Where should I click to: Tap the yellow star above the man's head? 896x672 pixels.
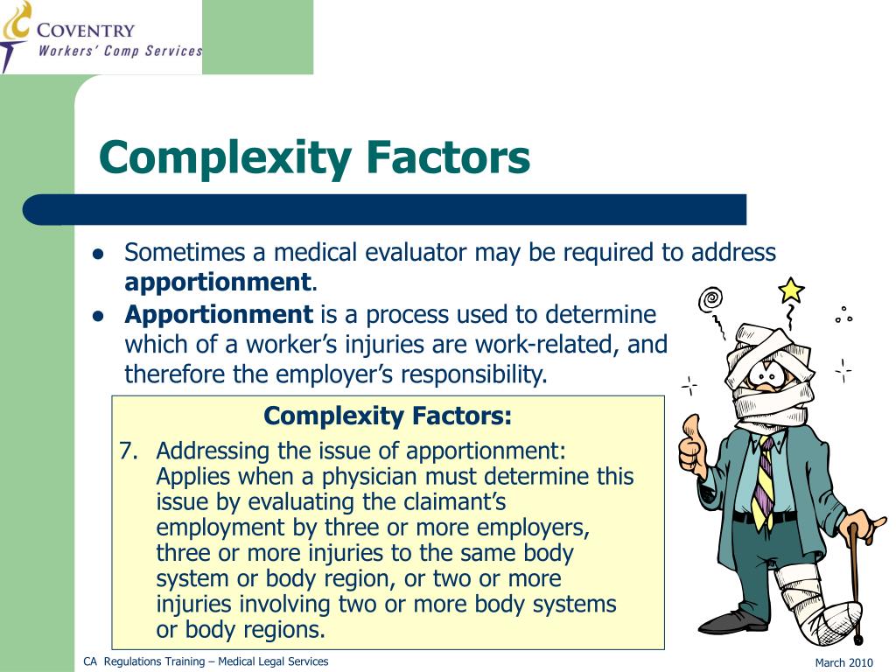[790, 290]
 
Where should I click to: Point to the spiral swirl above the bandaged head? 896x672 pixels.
[710, 300]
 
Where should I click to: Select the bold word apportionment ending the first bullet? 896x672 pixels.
[218, 283]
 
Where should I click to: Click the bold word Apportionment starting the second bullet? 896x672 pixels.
[219, 314]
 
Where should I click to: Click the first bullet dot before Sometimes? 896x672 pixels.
[99, 255]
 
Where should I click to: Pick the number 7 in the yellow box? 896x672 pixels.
[128, 451]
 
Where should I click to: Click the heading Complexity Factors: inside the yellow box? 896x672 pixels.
[388, 416]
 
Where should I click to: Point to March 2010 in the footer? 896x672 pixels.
[843, 662]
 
